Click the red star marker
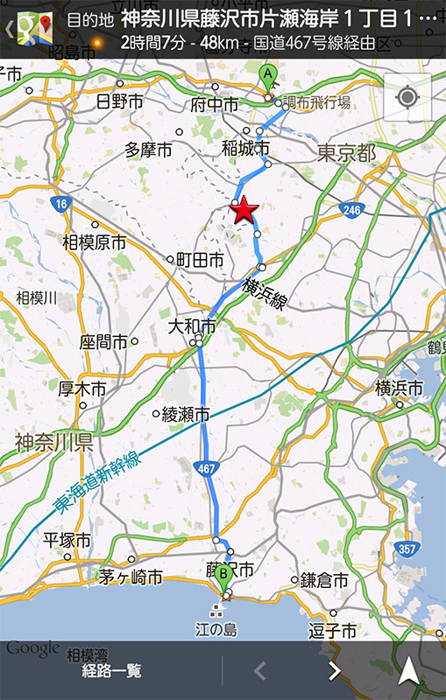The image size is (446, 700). (244, 210)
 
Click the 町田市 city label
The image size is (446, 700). (200, 260)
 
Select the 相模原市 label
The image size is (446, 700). (94, 242)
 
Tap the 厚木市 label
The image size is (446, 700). (82, 388)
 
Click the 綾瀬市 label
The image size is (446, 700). (186, 413)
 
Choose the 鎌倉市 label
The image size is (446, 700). (324, 580)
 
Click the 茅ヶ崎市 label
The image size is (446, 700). (131, 577)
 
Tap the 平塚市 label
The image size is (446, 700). (67, 540)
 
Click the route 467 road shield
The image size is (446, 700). (206, 469)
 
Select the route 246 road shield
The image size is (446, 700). (352, 210)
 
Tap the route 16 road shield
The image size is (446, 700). (60, 204)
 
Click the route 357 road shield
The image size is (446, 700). (406, 549)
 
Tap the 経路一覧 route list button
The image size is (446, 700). (111, 671)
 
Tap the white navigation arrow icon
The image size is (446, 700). (408, 670)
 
